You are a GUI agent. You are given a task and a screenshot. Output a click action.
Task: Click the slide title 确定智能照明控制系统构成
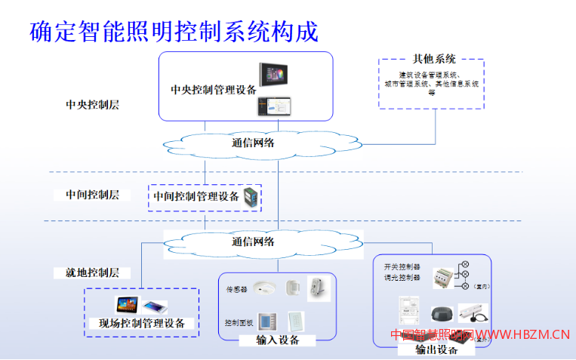point(174,31)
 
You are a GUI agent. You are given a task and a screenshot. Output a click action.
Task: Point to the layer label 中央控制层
point(92,104)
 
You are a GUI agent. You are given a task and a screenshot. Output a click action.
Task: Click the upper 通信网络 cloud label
point(253,142)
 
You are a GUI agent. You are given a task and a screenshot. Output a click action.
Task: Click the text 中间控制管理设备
point(196,196)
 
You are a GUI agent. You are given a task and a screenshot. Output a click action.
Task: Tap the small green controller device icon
point(250,198)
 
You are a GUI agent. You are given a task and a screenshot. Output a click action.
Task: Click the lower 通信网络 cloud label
point(253,242)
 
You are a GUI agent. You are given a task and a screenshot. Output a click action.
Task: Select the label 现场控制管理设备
point(141,324)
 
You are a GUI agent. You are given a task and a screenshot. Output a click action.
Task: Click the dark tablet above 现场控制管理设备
point(125,305)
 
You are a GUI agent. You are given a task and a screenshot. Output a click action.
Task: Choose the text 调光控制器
point(400,277)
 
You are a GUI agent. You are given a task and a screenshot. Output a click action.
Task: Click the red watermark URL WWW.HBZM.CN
point(522,334)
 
